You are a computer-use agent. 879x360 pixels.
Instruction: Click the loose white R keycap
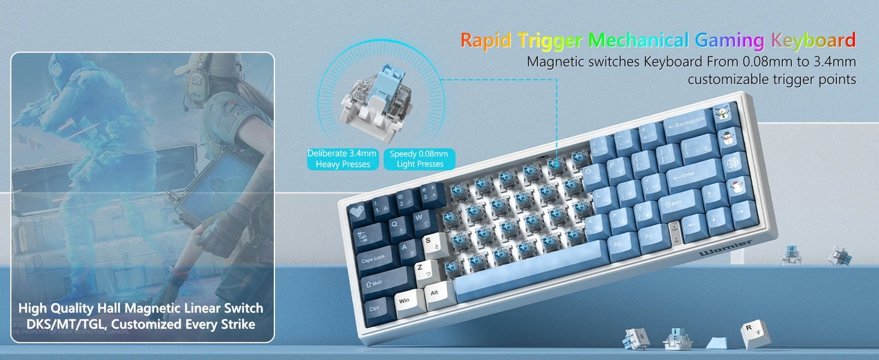(750, 331)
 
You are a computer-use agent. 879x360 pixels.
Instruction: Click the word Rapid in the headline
(487, 40)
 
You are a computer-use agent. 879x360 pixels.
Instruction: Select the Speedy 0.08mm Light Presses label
(419, 159)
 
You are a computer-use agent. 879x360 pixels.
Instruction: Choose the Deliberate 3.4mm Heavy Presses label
(342, 159)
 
